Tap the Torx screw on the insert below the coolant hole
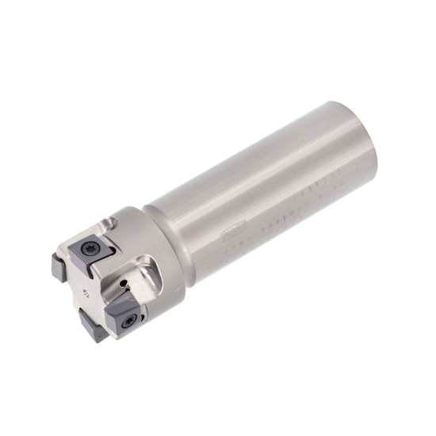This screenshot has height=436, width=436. (128, 321)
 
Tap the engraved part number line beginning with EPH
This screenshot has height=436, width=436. (262, 229)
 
